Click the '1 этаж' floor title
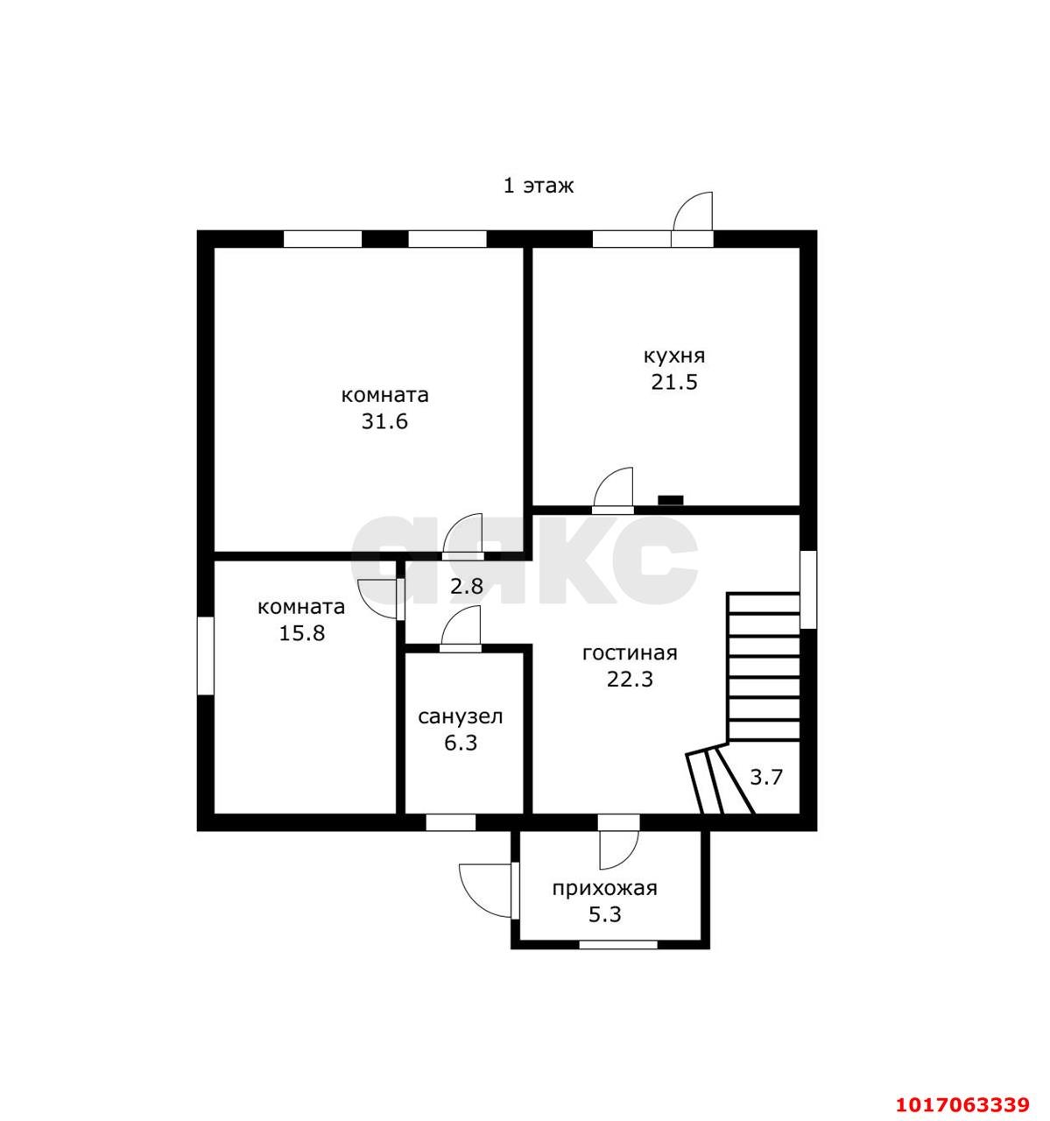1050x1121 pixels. tap(538, 186)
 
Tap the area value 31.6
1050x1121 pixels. tap(384, 421)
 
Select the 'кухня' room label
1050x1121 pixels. tap(674, 357)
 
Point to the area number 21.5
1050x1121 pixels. tap(674, 382)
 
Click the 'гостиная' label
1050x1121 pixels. tap(630, 653)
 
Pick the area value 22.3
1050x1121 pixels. tap(630, 679)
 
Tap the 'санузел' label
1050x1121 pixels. tap(460, 717)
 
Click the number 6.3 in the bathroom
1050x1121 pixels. tap(461, 743)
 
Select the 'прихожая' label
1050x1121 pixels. tap(604, 889)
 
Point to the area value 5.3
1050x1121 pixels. tap(605, 913)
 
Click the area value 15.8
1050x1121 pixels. tap(302, 632)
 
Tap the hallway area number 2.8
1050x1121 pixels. tap(467, 587)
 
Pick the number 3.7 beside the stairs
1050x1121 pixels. tap(766, 777)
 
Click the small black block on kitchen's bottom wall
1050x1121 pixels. tap(671, 500)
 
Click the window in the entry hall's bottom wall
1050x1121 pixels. tap(618, 944)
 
